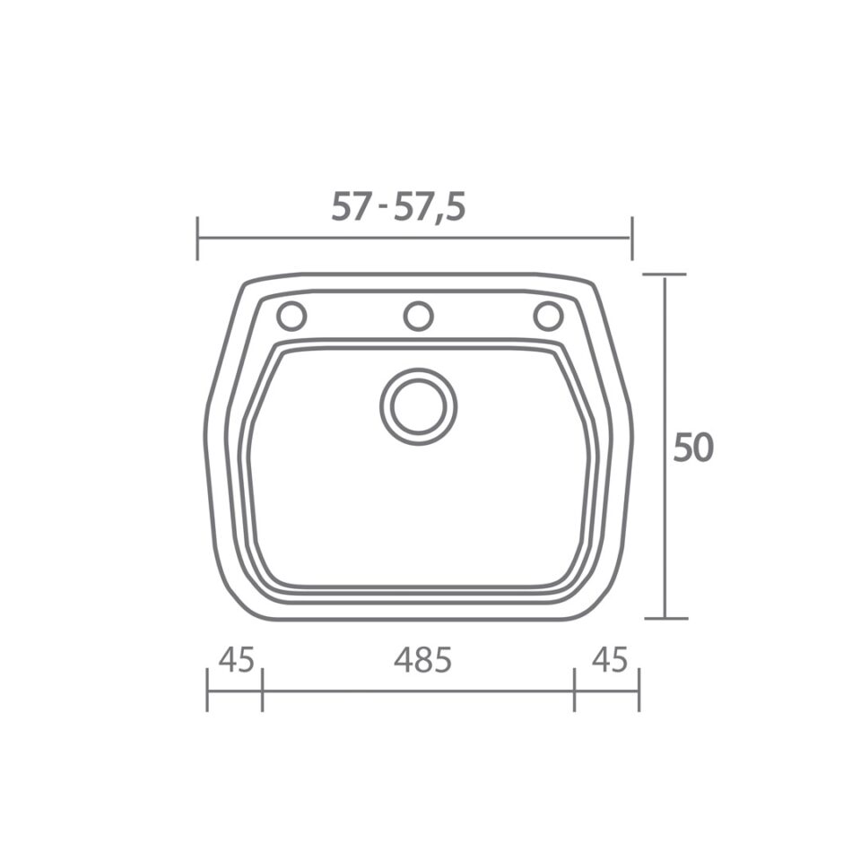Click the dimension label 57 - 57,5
coord(398,207)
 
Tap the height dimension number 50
coord(692,448)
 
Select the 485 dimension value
coord(422,660)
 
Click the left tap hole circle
coord(291,316)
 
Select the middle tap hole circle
coord(418,316)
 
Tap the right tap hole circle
coord(548,316)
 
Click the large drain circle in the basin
coord(418,406)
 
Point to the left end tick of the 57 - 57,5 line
coord(197,239)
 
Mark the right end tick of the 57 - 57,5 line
coord(632,239)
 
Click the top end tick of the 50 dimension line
coord(665,274)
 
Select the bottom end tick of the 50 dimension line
coord(665,618)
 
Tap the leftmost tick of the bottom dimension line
coord(207,691)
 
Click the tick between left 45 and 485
coord(262,691)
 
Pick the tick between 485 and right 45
coord(574,691)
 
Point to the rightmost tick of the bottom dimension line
coord(639,691)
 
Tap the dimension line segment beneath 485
coord(418,691)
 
